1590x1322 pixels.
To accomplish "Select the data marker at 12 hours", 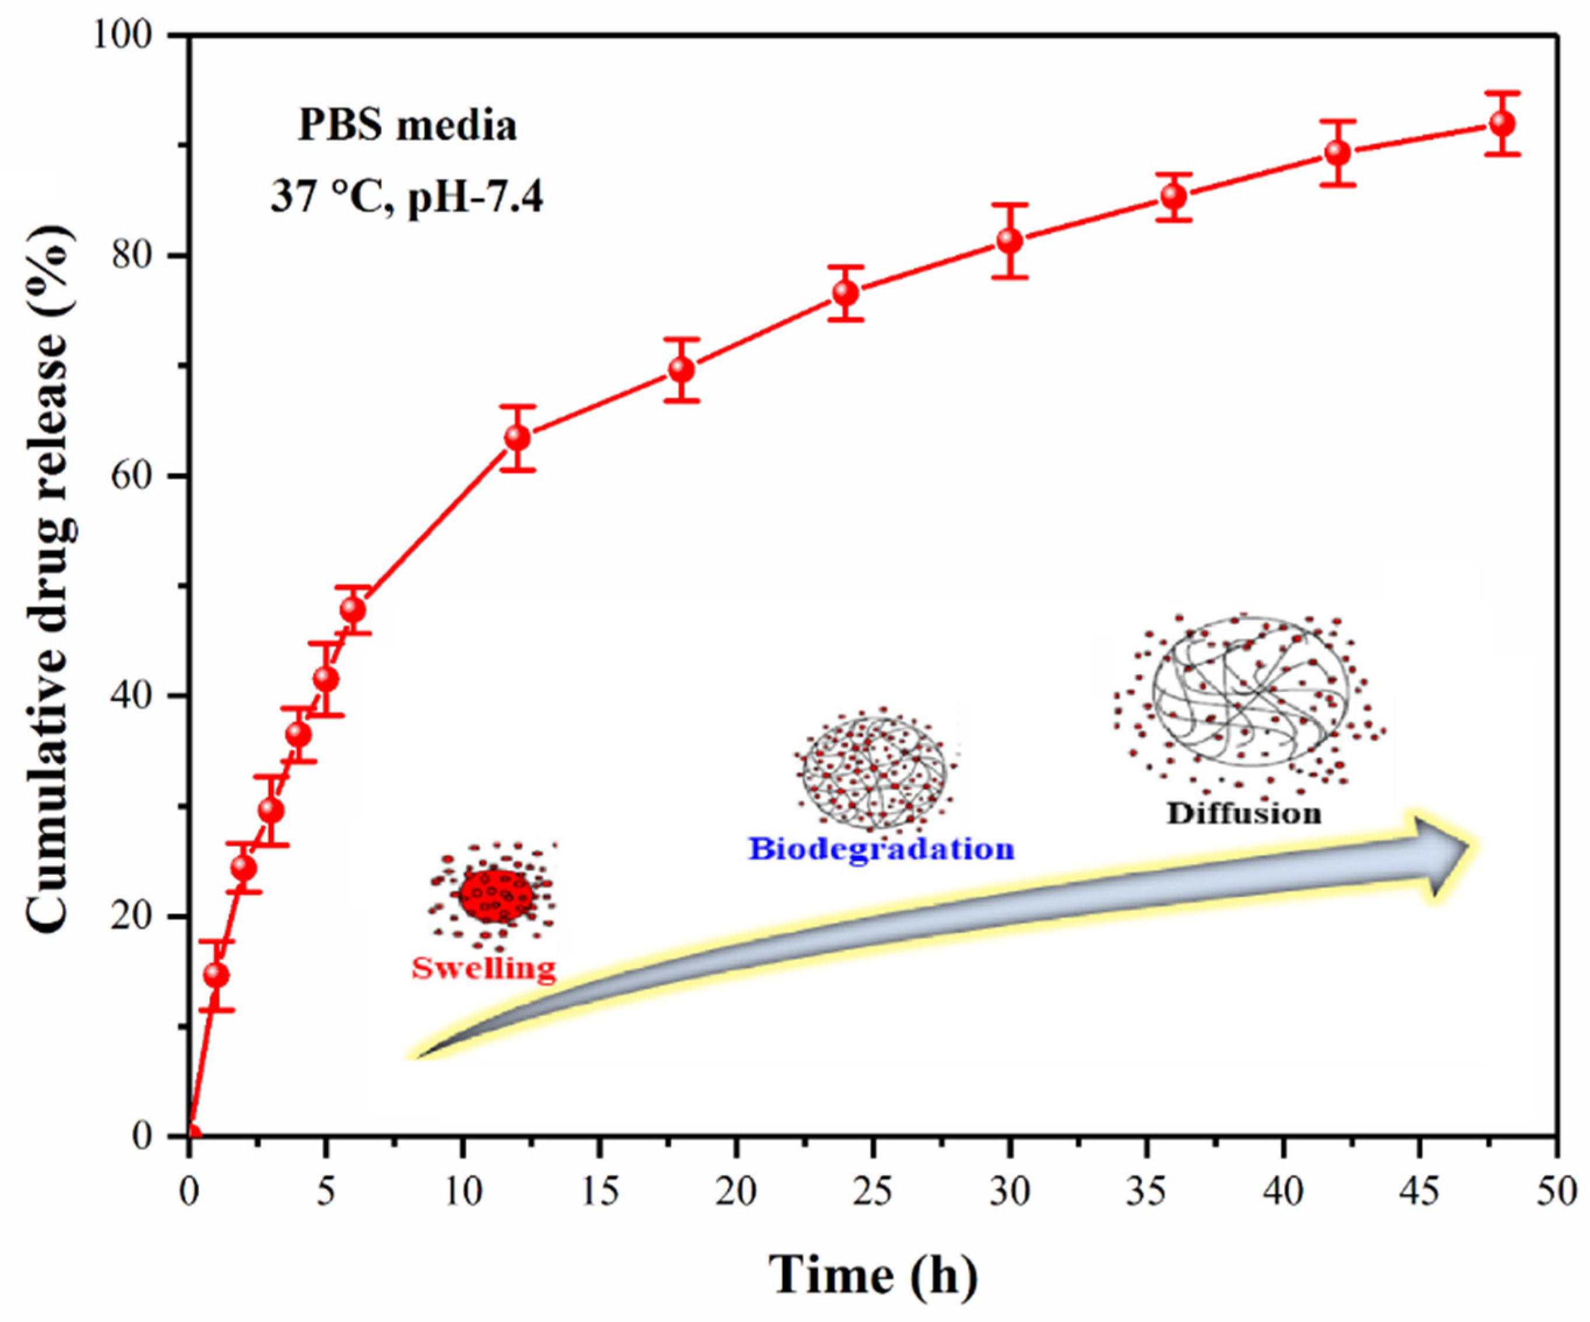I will (x=517, y=438).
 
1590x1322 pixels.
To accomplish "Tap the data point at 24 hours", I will (x=846, y=293).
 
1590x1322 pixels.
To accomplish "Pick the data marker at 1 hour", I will (x=217, y=975).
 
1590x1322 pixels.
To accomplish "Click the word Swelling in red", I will (x=484, y=968).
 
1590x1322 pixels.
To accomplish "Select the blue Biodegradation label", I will (x=881, y=849).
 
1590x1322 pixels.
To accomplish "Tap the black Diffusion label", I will (x=1244, y=814).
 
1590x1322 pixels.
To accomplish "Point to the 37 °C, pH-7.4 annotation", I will (x=407, y=198).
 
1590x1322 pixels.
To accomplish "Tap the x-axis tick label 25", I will (x=873, y=1193).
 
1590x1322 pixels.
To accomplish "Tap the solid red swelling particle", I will (x=496, y=896).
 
